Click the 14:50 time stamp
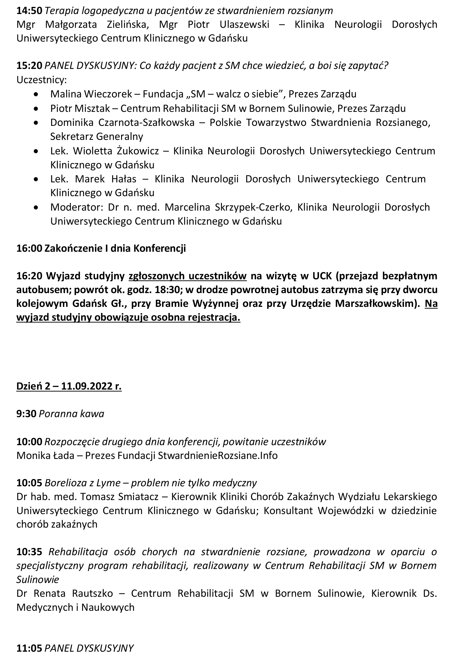[29, 11]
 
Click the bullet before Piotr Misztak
[36, 108]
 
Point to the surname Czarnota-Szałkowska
[146, 122]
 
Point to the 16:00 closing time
[29, 248]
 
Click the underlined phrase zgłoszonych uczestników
[188, 276]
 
